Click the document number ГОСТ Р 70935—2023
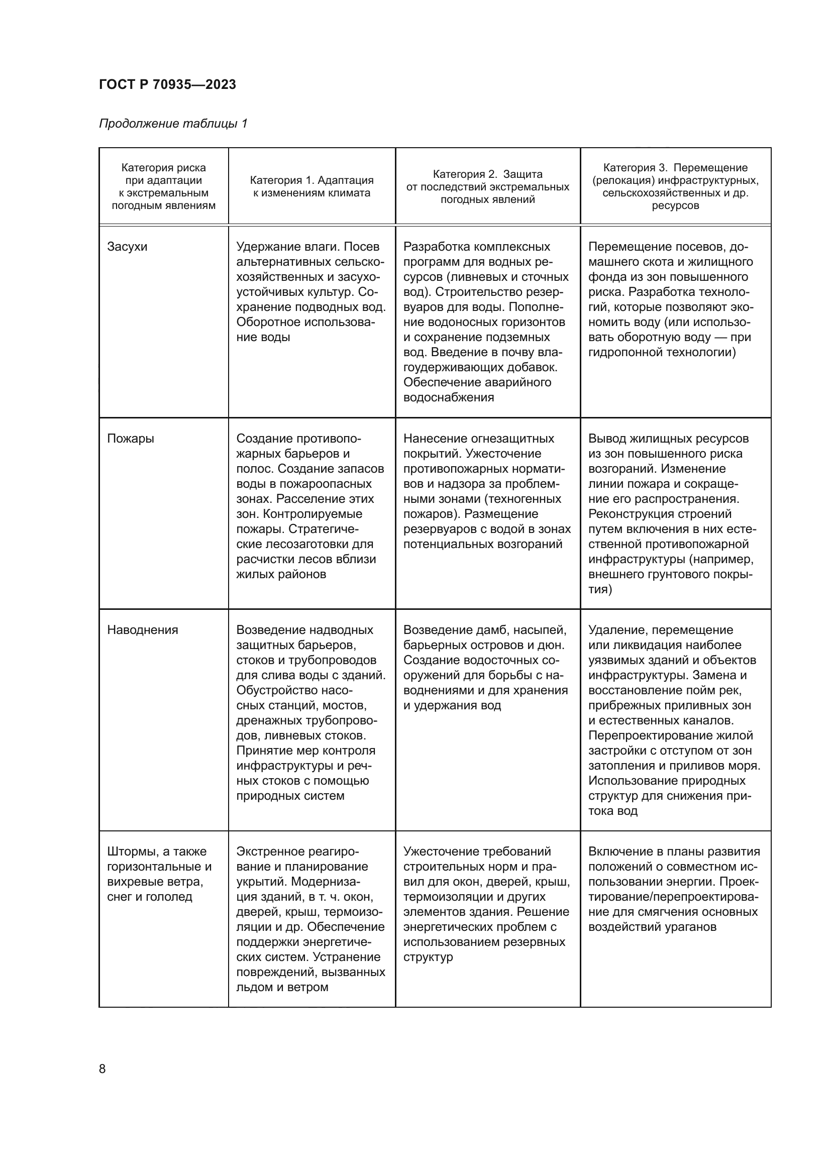pyautogui.click(x=167, y=84)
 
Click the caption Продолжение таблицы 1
pyautogui.click(x=173, y=124)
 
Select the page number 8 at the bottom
pyautogui.click(x=102, y=1069)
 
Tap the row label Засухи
pyautogui.click(x=127, y=247)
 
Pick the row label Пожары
pyautogui.click(x=131, y=439)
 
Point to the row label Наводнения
pyautogui.click(x=142, y=630)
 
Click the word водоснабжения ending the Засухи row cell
pyautogui.click(x=448, y=397)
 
